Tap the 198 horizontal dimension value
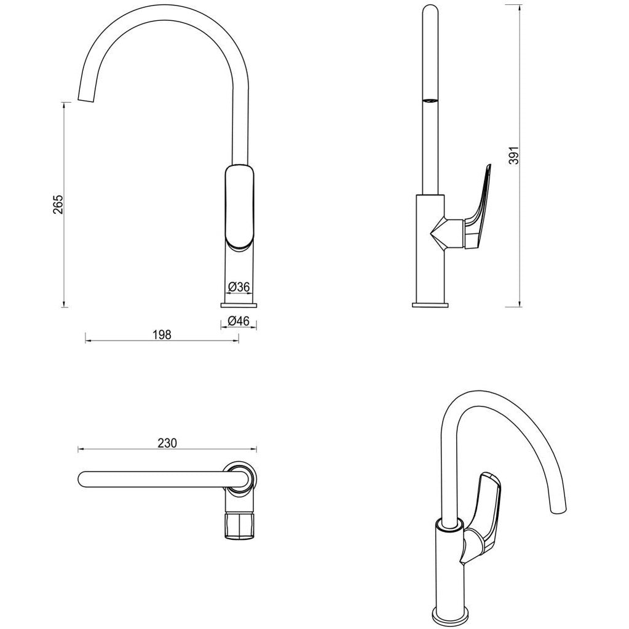click(x=161, y=334)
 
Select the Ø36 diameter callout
click(x=239, y=287)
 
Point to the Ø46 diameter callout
click(x=239, y=320)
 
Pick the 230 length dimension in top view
click(x=167, y=443)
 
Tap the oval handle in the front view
click(x=239, y=205)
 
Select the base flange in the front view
click(x=239, y=304)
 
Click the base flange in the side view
click(x=430, y=304)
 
